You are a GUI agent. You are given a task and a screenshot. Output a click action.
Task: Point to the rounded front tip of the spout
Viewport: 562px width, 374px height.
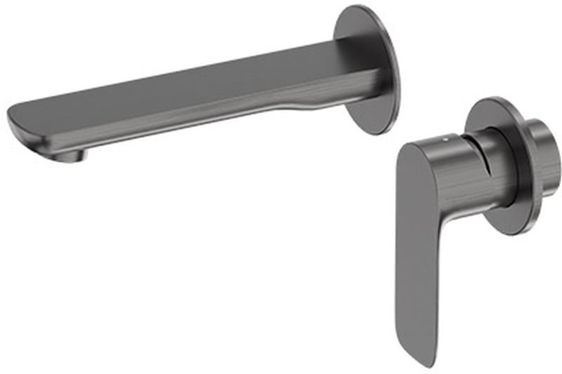[x=17, y=126]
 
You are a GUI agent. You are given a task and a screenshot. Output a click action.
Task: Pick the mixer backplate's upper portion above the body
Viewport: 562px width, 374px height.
[x=492, y=109]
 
